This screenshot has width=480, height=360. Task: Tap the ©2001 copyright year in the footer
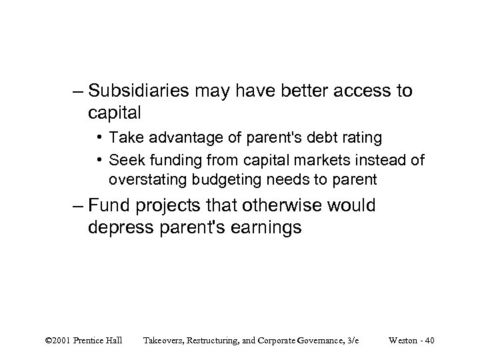[61, 341]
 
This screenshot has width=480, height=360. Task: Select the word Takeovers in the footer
[167, 341]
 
